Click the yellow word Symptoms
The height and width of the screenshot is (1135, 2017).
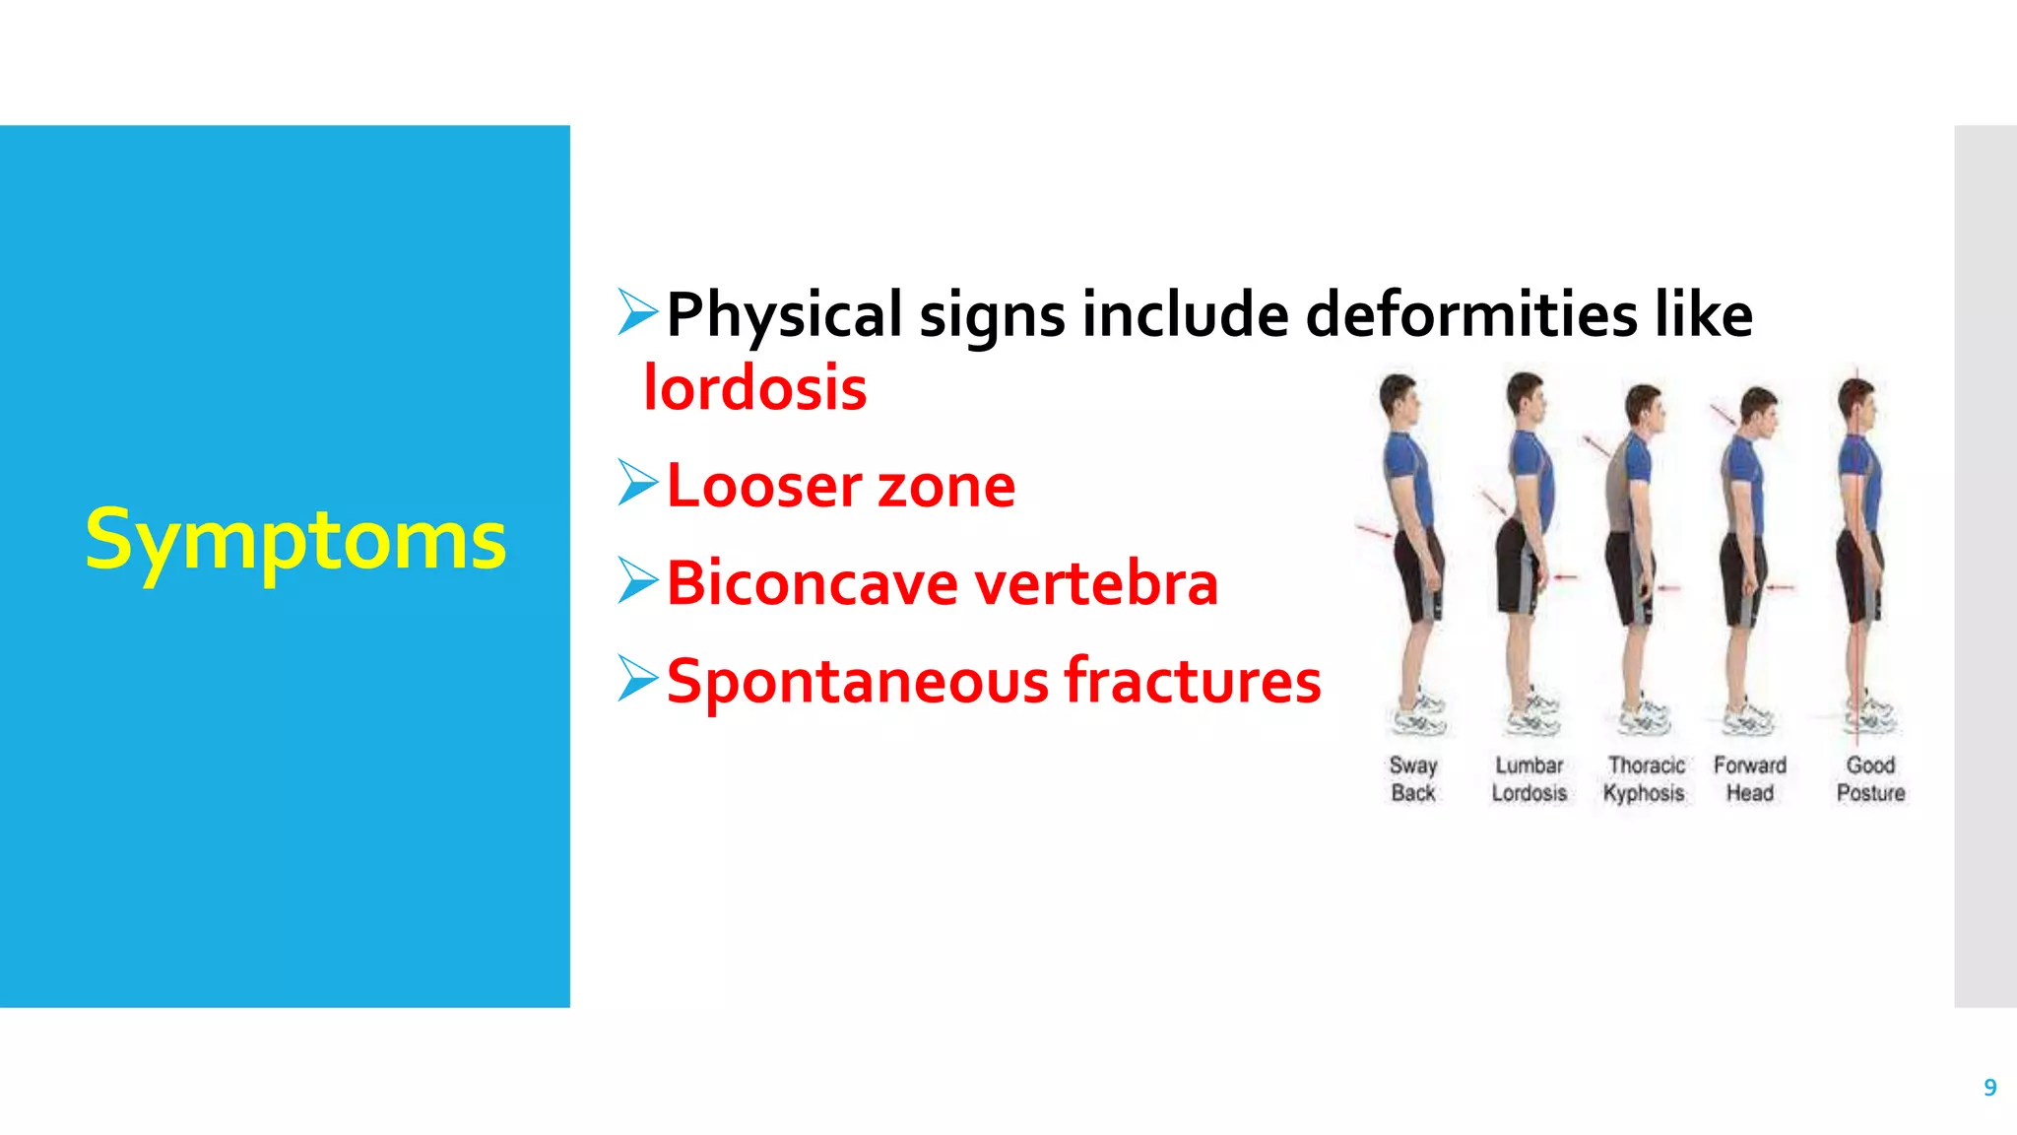(x=295, y=540)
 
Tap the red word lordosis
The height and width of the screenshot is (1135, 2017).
(x=755, y=387)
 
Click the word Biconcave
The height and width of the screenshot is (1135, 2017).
(x=812, y=583)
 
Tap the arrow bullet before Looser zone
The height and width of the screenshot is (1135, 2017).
(x=637, y=483)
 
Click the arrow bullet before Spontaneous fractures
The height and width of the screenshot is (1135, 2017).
(x=637, y=678)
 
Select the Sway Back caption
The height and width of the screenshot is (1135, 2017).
(x=1413, y=779)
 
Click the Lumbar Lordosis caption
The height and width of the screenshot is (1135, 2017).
(x=1529, y=779)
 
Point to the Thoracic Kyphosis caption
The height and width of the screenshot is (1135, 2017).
(x=1645, y=779)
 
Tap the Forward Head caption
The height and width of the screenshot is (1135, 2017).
(x=1750, y=779)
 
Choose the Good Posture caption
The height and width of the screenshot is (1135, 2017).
(x=1870, y=779)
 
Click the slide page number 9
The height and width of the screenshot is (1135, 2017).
(x=1989, y=1088)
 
